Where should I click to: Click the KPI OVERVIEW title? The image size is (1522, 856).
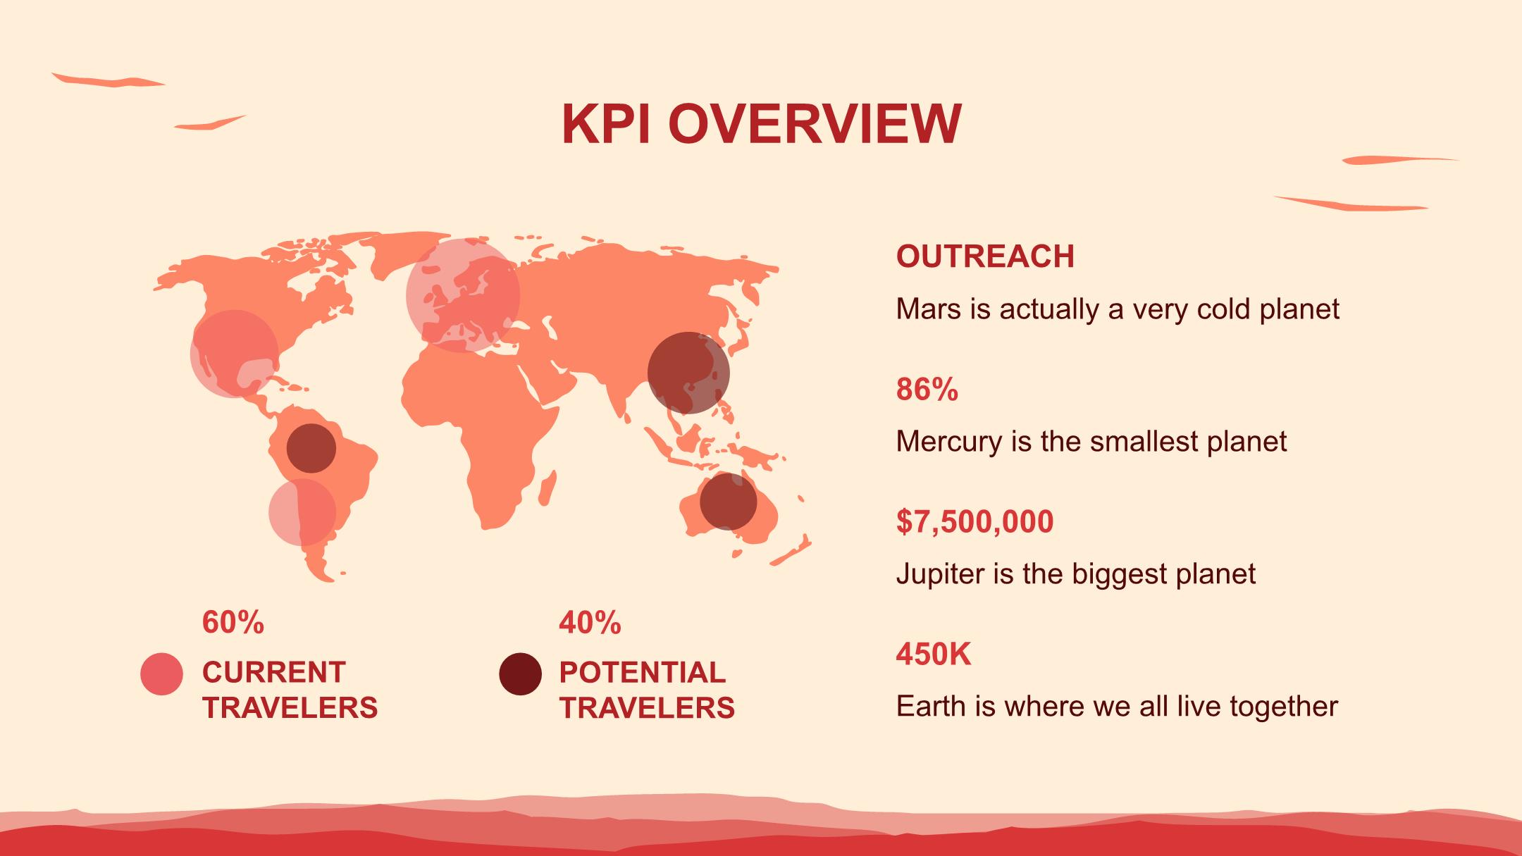[761, 125]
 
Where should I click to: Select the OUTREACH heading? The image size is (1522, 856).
[985, 256]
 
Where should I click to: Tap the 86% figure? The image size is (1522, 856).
[927, 389]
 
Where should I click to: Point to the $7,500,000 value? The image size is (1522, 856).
[975, 522]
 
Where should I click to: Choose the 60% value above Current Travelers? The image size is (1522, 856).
[233, 623]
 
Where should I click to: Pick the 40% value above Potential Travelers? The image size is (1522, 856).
[590, 623]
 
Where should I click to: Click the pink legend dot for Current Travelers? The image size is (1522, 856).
[161, 674]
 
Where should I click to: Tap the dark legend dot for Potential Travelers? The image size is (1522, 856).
[520, 674]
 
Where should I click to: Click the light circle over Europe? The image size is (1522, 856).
[463, 295]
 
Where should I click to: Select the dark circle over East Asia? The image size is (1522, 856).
[688, 373]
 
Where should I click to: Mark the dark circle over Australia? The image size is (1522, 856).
[728, 502]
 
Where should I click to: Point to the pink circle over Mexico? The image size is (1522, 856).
[235, 354]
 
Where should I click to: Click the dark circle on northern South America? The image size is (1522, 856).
[311, 448]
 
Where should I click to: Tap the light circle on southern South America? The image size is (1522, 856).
[302, 512]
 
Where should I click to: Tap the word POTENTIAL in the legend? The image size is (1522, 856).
[642, 672]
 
